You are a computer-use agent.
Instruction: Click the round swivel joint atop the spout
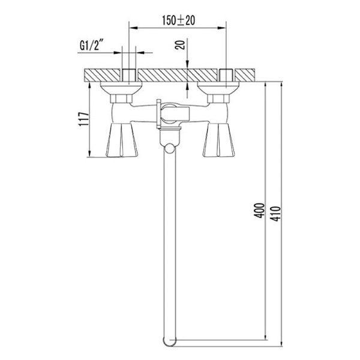coord(170,148)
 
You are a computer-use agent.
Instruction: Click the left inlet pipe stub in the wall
coord(129,76)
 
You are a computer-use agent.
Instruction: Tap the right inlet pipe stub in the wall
coord(226,76)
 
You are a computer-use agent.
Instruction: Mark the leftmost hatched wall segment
coord(102,76)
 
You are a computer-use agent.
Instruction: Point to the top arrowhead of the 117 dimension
coord(90,85)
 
